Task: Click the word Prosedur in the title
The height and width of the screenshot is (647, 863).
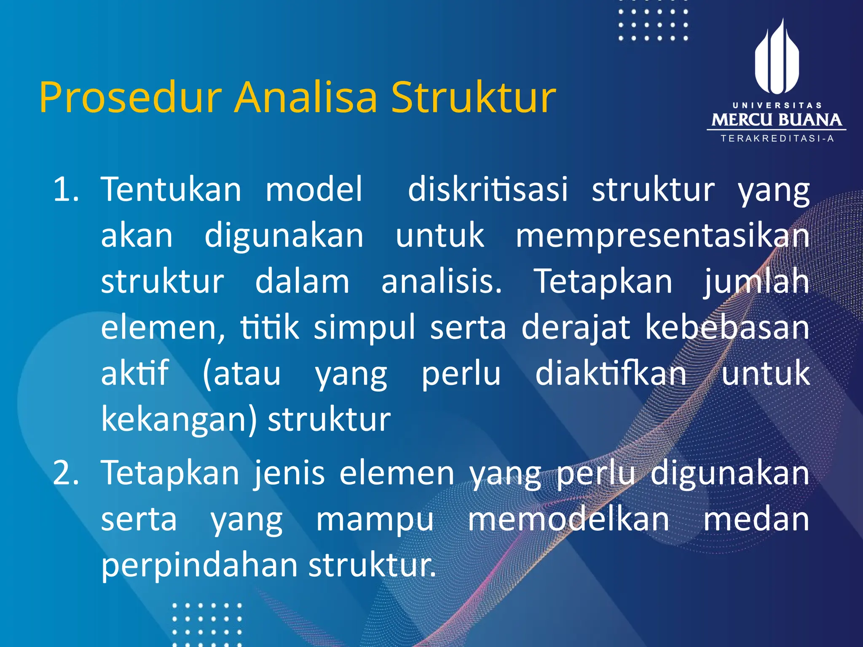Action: [x=130, y=98]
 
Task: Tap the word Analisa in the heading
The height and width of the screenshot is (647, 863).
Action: [x=306, y=98]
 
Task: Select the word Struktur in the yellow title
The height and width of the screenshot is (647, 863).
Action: [x=474, y=98]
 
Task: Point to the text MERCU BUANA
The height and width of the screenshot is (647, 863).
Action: [x=777, y=120]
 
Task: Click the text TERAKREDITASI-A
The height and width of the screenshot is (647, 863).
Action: [x=777, y=139]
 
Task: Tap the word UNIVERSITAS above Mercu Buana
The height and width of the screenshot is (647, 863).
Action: [x=777, y=105]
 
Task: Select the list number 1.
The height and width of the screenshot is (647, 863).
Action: [x=65, y=190]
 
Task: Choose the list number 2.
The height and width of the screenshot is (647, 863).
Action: [x=65, y=473]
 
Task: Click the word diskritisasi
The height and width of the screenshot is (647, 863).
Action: [x=488, y=190]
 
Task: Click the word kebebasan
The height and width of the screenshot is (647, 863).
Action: [x=727, y=328]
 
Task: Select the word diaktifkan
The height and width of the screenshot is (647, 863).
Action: [x=611, y=374]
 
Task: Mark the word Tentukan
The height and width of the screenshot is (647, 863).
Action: [x=171, y=190]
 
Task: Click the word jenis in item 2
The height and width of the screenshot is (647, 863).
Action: [x=289, y=474]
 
